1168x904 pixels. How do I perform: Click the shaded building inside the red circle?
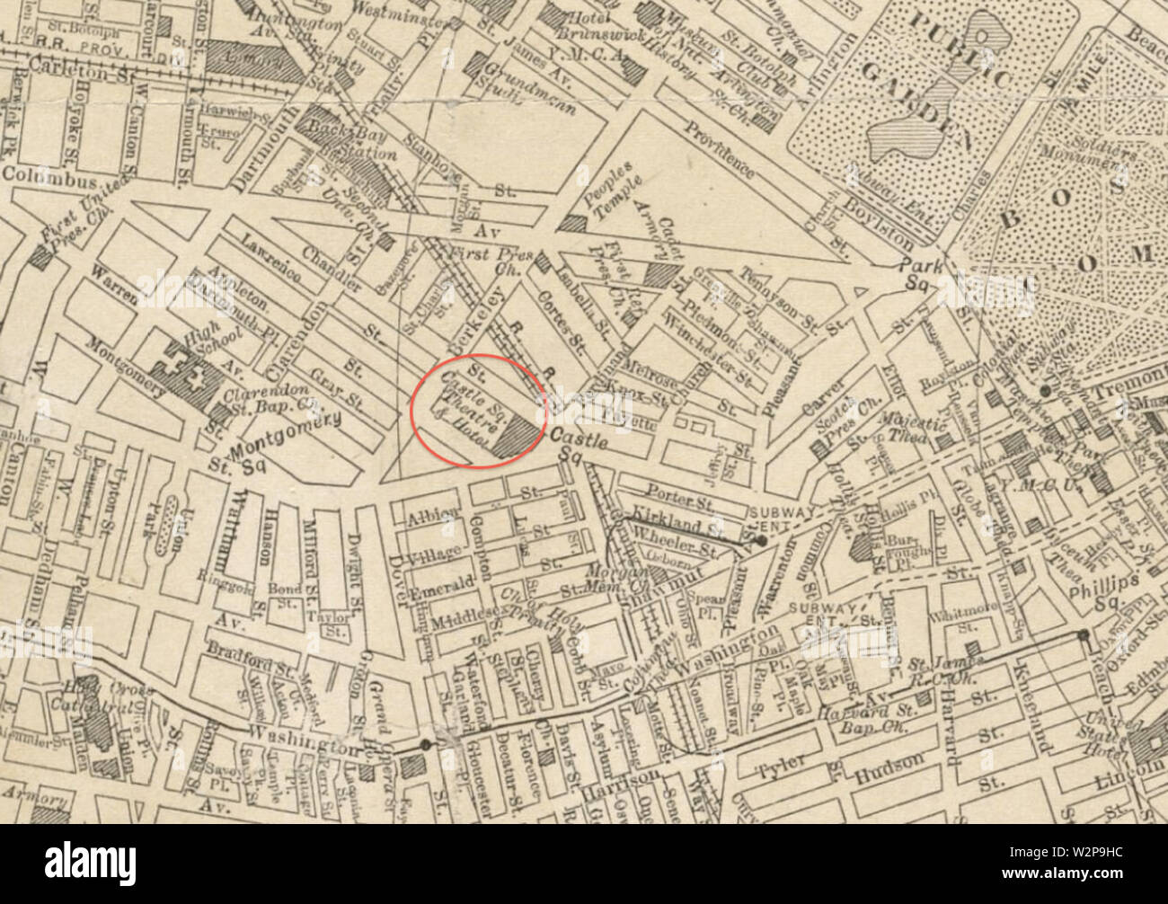[516, 439]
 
